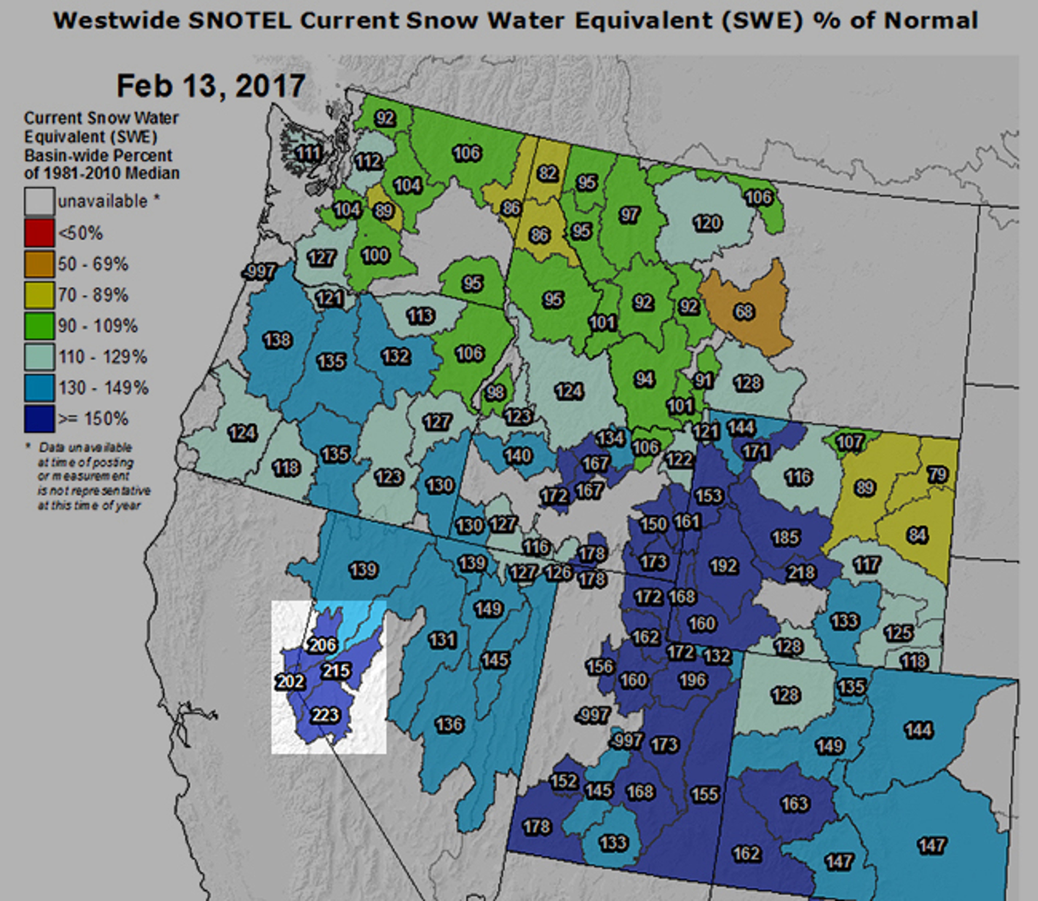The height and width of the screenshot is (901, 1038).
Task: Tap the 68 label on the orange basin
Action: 744,312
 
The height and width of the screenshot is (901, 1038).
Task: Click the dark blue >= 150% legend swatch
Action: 39,419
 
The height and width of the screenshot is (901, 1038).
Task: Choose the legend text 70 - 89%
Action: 93,295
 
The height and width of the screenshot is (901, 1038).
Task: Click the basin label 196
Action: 693,680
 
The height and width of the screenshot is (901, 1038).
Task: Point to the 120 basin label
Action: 707,223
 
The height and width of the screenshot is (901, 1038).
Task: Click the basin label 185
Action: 786,538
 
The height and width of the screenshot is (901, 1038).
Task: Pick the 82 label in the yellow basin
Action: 547,173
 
